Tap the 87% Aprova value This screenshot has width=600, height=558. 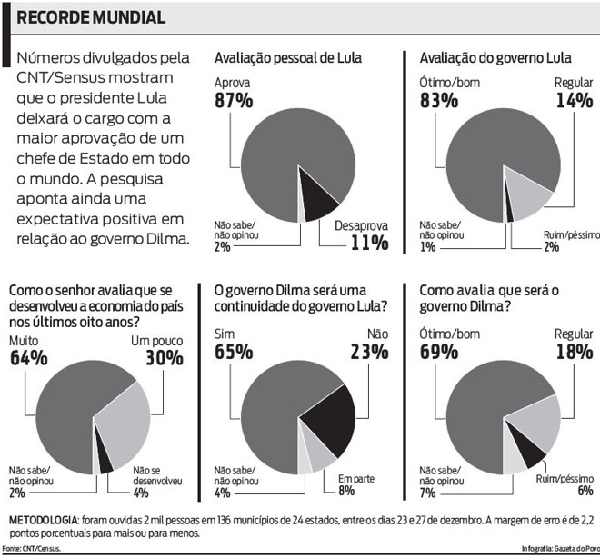pyautogui.click(x=233, y=100)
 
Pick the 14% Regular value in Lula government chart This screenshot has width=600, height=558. pyautogui.click(x=574, y=100)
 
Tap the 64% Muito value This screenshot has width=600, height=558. pyautogui.click(x=28, y=357)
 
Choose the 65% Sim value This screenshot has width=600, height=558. pyautogui.click(x=233, y=352)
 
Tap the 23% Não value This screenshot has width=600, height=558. pyautogui.click(x=367, y=352)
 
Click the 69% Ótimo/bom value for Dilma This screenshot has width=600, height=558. pyautogui.click(x=438, y=352)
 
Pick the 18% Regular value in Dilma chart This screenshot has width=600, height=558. pyautogui.click(x=573, y=352)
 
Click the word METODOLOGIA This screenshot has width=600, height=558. pyautogui.click(x=43, y=519)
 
